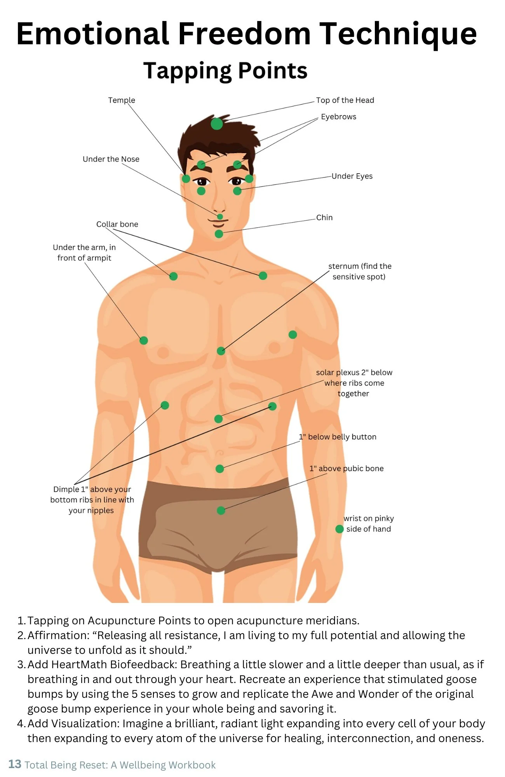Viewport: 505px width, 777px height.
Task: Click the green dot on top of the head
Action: click(x=217, y=124)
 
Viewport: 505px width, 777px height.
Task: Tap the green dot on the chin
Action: click(x=219, y=234)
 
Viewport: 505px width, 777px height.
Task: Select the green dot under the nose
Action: click(x=220, y=216)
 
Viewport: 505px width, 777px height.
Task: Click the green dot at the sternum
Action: click(x=221, y=351)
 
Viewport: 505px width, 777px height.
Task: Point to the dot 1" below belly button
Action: click(x=220, y=469)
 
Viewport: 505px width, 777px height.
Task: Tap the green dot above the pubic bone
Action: click(x=221, y=510)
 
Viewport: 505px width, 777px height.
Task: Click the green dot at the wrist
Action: click(x=340, y=529)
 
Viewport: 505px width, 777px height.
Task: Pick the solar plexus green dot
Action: click(x=219, y=419)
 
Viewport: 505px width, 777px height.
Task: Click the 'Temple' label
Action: click(x=122, y=100)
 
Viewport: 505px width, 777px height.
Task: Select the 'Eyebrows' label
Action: click(x=338, y=117)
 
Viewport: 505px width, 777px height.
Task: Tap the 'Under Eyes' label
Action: click(x=352, y=176)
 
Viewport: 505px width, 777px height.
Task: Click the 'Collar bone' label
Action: click(x=117, y=224)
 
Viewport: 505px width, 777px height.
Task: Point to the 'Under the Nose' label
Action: click(x=111, y=159)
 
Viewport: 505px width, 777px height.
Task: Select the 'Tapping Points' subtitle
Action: click(x=225, y=71)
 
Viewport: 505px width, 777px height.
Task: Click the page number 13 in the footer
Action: click(x=15, y=764)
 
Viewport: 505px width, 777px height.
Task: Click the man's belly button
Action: click(x=219, y=453)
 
